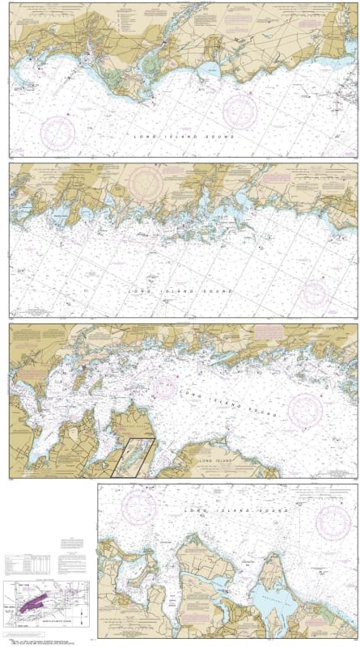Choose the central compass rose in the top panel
[x=239, y=108]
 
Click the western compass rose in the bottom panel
[x=138, y=508]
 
